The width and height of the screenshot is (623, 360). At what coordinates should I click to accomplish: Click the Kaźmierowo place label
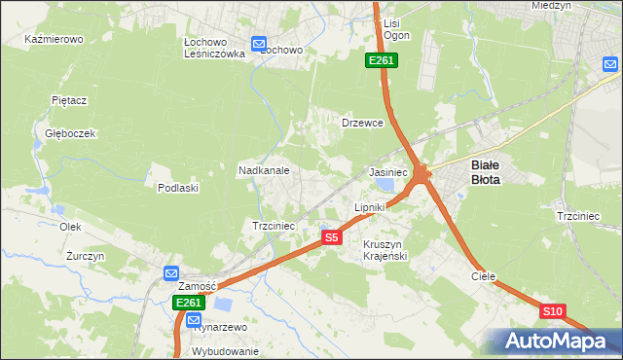(x=55, y=40)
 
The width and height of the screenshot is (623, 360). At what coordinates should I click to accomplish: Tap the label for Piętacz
(x=69, y=99)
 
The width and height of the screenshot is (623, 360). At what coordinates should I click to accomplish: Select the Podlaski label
(x=178, y=188)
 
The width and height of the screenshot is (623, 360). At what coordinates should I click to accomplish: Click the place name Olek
(x=69, y=226)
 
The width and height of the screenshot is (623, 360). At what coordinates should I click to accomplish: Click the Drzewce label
(x=363, y=124)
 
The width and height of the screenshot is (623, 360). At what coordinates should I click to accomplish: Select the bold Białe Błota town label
(x=486, y=172)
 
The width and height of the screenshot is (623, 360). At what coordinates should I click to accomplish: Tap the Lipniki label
(x=370, y=207)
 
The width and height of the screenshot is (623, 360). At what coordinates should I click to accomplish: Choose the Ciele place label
(x=484, y=276)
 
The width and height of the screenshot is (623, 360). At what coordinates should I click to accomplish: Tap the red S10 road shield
(x=552, y=311)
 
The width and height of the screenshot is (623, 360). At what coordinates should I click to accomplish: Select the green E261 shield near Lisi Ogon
(x=381, y=61)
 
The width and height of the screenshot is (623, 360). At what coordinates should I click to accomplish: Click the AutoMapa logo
(x=555, y=342)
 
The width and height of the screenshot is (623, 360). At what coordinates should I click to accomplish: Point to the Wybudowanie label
(x=226, y=351)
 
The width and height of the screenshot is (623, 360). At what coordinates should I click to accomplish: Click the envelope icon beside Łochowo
(x=259, y=43)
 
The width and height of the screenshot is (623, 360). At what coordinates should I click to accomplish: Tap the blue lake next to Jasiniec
(x=385, y=184)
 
